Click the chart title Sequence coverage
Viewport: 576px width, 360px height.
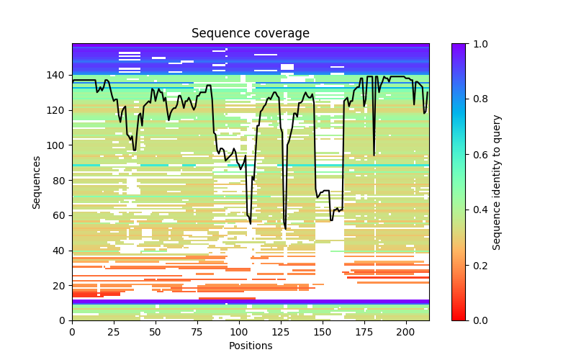pyautogui.click(x=250, y=34)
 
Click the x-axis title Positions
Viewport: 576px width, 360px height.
pyautogui.click(x=250, y=346)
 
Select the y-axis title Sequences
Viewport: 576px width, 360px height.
pyautogui.click(x=36, y=181)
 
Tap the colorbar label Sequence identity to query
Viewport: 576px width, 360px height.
pyautogui.click(x=497, y=181)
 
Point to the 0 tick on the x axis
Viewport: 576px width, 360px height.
pyautogui.click(x=72, y=331)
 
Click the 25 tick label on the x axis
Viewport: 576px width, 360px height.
pyautogui.click(x=114, y=331)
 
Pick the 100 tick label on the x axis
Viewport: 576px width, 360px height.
pyautogui.click(x=239, y=331)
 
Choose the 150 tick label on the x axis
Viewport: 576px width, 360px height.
pyautogui.click(x=323, y=331)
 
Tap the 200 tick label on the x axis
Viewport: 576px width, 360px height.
pyautogui.click(x=406, y=331)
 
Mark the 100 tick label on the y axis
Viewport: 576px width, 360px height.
pyautogui.click(x=56, y=145)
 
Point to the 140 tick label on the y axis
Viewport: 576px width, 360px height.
pyautogui.click(x=56, y=75)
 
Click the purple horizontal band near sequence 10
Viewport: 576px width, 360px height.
pyautogui.click(x=250, y=302)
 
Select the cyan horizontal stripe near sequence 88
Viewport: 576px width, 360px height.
pyautogui.click(x=250, y=166)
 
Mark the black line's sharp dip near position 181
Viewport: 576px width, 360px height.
pyautogui.click(x=374, y=154)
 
